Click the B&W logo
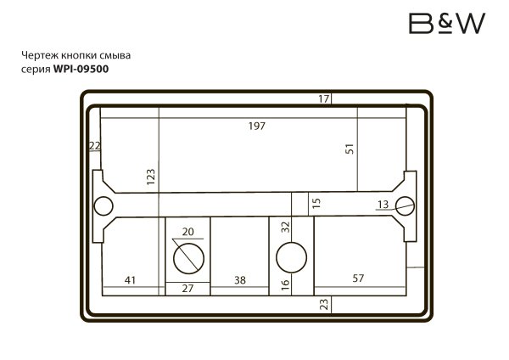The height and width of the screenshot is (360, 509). pos(448,24)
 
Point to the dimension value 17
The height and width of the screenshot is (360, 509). pos(323,99)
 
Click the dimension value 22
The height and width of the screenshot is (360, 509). pos(94,146)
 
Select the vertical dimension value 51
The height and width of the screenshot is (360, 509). pos(349,149)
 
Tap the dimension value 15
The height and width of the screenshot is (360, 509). pos(316,204)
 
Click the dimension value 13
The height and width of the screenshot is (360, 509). pos(383,204)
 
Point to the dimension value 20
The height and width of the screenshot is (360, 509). pos(188,232)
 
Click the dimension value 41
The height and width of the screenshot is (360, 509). pos(131,279)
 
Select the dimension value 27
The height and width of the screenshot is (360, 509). pos(187,289)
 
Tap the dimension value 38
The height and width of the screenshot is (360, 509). pos(240,279)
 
